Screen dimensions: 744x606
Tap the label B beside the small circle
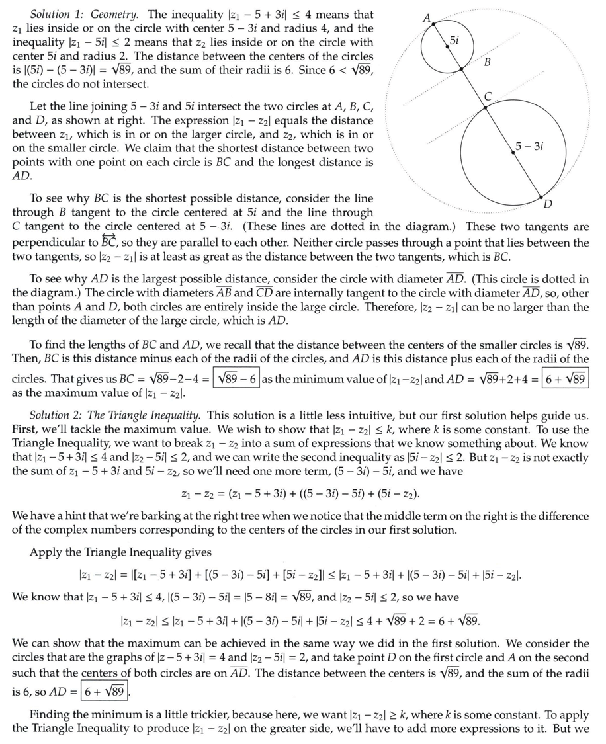[487, 63]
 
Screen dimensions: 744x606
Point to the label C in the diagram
[488, 97]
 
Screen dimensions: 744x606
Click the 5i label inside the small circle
[455, 40]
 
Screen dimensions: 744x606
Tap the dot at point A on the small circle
[433, 24]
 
